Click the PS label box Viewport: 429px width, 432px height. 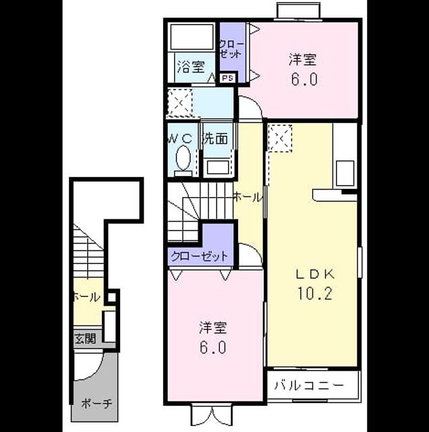point(228,78)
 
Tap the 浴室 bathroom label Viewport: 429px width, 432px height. point(191,67)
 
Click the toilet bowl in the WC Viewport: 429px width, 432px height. point(183,159)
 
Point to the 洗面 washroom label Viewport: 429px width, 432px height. point(216,138)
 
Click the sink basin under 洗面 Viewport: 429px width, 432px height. point(218,167)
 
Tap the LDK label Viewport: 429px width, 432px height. point(315,274)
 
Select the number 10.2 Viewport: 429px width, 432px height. point(315,293)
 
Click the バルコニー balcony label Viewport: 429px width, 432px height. point(309,385)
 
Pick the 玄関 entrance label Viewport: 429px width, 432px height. point(86,339)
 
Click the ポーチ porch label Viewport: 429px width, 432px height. point(96,404)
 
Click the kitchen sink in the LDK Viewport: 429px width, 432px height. point(345,173)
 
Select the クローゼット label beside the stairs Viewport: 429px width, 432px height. point(200,256)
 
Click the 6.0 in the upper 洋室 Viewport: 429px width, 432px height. point(304,80)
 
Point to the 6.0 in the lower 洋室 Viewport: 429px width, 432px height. point(213,347)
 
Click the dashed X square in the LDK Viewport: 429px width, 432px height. point(280,138)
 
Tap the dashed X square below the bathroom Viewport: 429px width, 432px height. point(180,102)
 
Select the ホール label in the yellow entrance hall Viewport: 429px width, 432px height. point(86,298)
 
